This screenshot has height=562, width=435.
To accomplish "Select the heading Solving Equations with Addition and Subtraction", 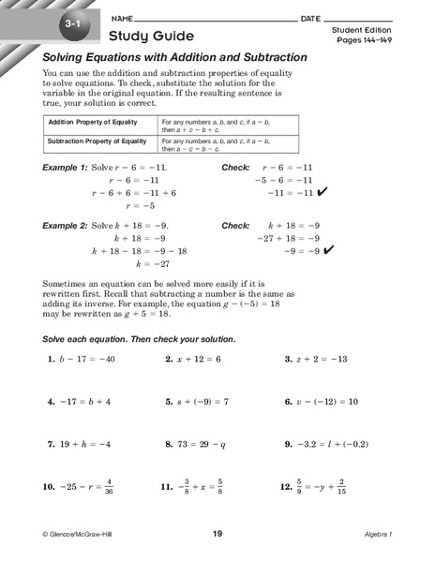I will tap(174, 57).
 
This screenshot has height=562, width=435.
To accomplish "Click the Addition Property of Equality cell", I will tap(91, 123).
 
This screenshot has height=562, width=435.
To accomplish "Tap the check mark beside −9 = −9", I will tap(329, 251).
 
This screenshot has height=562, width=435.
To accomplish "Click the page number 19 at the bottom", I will tap(217, 534).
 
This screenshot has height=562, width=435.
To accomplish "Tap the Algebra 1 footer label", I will tap(381, 534).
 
